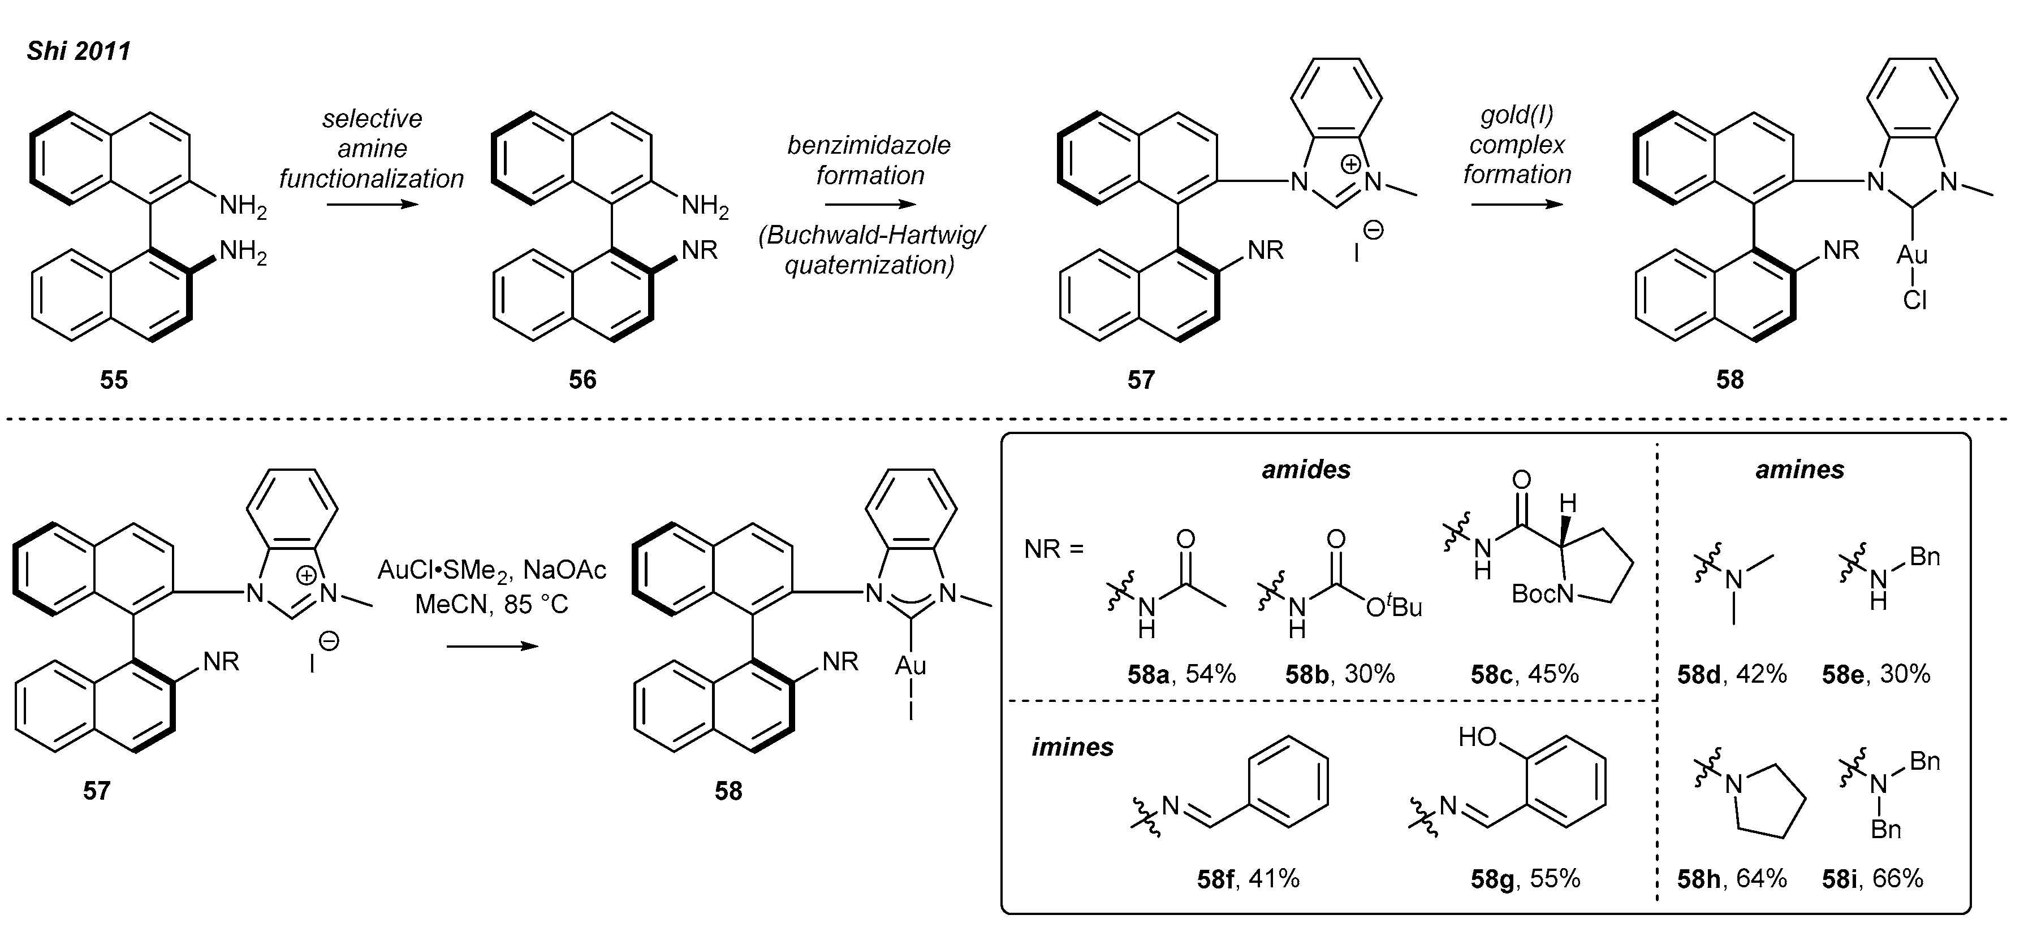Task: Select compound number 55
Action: (114, 380)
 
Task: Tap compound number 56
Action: (582, 380)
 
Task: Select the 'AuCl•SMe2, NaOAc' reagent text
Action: (492, 570)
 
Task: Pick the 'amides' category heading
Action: (1306, 470)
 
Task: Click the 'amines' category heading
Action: (1799, 470)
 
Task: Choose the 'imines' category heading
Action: (1072, 747)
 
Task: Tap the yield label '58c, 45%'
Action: (1524, 674)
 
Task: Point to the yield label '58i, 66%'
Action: (1872, 878)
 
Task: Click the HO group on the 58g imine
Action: (1477, 737)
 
